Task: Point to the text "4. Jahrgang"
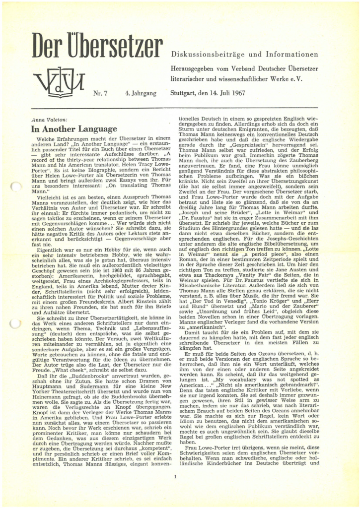pos(141,93)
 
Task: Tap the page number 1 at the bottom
pos(175,477)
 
